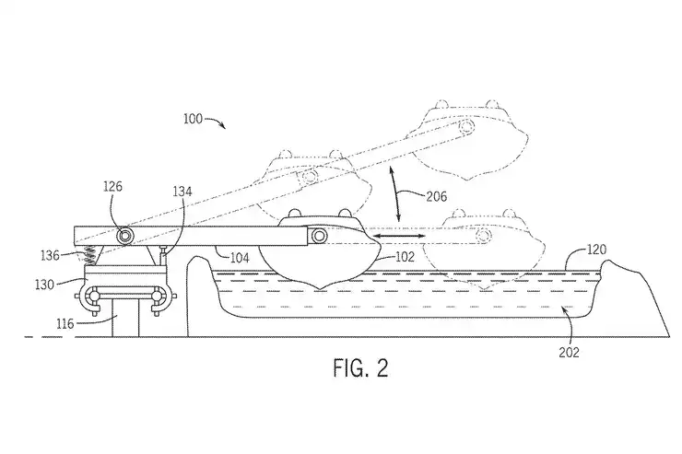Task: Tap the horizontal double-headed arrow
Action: point(398,238)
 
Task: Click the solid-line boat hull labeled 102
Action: point(318,267)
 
